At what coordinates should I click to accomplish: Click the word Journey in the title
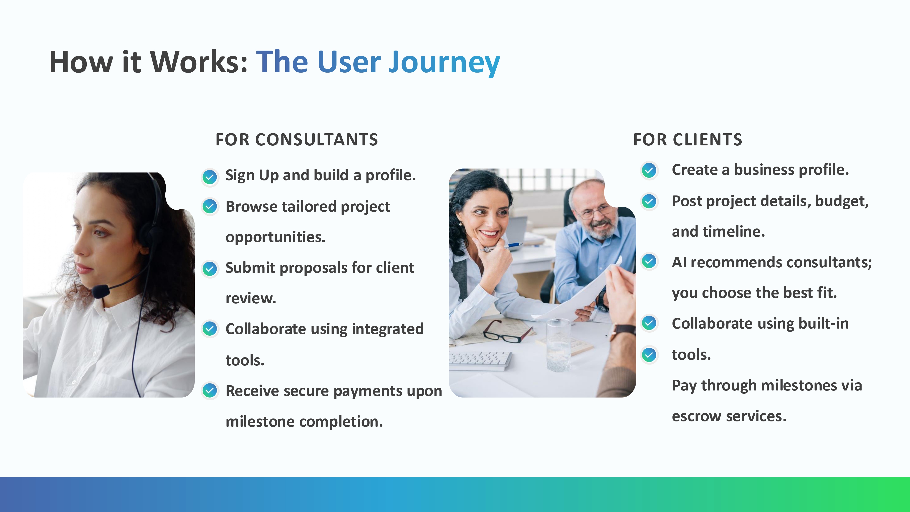(x=444, y=63)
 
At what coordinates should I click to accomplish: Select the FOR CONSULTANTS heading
(x=297, y=139)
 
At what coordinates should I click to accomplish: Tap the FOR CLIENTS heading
(x=688, y=139)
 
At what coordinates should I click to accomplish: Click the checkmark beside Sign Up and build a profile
(x=210, y=177)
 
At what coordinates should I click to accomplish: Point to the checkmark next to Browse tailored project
(x=210, y=206)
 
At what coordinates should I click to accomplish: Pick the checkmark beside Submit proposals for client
(x=210, y=269)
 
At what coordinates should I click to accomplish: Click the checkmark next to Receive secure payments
(x=210, y=390)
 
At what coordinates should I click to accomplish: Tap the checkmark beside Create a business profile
(x=649, y=171)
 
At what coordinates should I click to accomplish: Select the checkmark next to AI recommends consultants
(x=649, y=261)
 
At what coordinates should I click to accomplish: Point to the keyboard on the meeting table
(x=480, y=360)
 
